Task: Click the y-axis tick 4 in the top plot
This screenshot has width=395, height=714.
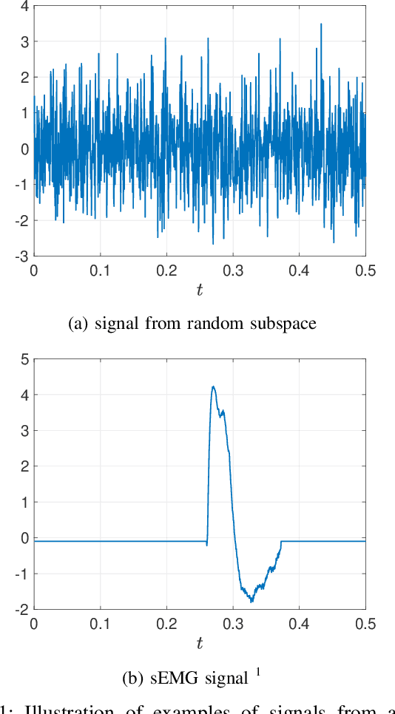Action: [x=24, y=6]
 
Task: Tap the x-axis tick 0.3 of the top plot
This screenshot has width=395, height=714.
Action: [x=233, y=271]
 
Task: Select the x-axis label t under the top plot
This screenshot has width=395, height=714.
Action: [x=199, y=290]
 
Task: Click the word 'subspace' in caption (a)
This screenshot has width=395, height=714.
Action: [x=279, y=324]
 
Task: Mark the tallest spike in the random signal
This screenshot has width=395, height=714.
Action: [x=321, y=24]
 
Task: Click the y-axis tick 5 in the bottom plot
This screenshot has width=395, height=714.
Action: [x=24, y=360]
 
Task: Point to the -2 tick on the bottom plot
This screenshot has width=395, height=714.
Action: [x=22, y=609]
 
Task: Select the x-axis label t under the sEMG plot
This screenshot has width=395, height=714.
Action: [x=199, y=643]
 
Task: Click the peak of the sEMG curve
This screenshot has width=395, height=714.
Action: [x=212, y=387]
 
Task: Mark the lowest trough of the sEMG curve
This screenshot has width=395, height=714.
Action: [x=252, y=601]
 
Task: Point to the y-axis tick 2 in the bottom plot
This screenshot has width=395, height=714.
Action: [x=24, y=466]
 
